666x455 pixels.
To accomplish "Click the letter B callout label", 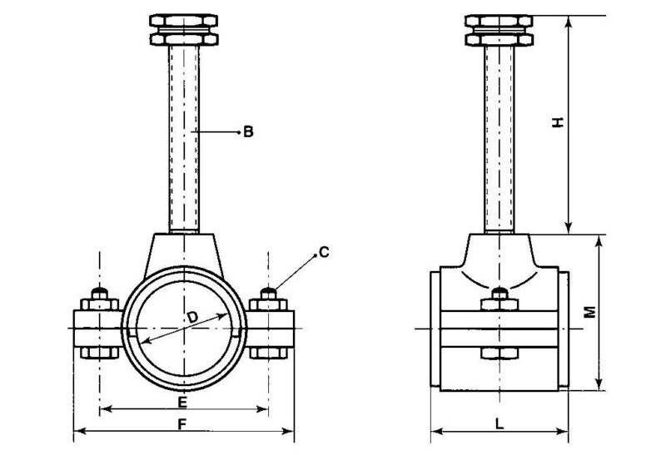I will tap(248, 131).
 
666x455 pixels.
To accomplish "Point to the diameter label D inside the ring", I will tap(192, 318).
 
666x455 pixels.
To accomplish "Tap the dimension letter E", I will tap(183, 402).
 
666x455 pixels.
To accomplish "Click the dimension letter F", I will tap(183, 423).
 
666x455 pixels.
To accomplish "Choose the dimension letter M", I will tap(589, 312).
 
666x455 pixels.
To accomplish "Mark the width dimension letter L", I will tap(499, 423).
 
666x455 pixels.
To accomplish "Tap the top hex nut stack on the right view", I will tap(498, 29).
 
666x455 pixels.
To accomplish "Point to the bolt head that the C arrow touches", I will tap(268, 294).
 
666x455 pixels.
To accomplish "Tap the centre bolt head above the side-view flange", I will tap(498, 296).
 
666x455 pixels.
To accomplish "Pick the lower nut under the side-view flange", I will tap(498, 355).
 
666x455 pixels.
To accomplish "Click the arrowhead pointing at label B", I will tap(235, 131).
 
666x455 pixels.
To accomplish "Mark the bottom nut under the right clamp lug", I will tap(268, 354).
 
